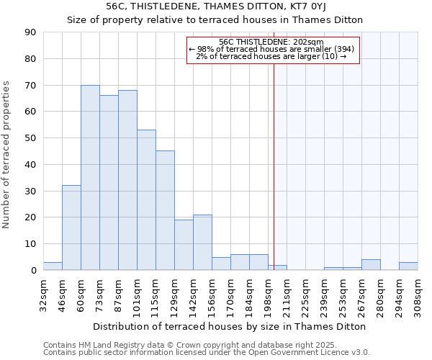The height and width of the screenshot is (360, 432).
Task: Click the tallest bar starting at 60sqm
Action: point(90,178)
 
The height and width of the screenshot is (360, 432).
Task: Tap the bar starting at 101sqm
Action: point(146,200)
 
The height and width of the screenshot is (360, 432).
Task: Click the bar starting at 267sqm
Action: point(371,265)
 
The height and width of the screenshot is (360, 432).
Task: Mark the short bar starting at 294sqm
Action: point(408,266)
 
